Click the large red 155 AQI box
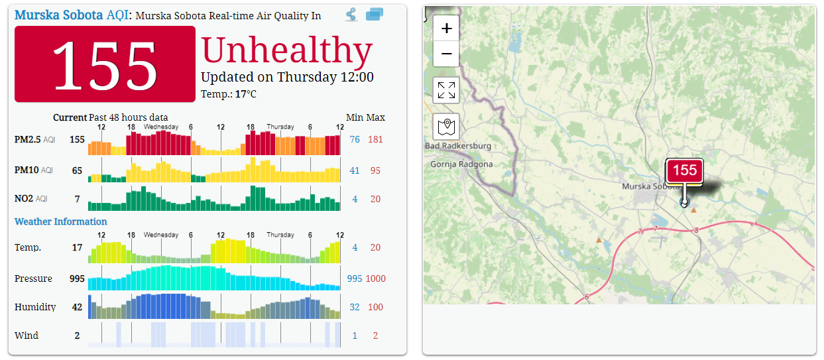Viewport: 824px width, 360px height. [105, 64]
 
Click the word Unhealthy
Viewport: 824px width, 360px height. [286, 50]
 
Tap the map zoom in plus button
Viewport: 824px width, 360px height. [446, 29]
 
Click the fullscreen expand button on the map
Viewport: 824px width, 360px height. [446, 90]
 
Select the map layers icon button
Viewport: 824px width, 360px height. [446, 126]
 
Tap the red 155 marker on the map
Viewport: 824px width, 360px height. [684, 171]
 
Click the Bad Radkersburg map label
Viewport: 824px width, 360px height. [458, 146]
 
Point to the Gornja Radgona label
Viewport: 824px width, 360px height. [461, 164]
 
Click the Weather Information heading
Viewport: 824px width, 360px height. [60, 221]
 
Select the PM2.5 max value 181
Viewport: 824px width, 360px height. [375, 139]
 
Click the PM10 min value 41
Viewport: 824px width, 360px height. [355, 170]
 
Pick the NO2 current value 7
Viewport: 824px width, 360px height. [77, 199]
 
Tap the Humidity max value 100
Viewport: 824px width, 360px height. [375, 307]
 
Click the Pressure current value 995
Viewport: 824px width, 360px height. [77, 278]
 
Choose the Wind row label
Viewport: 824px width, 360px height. [27, 335]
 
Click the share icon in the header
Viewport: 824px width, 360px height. [351, 15]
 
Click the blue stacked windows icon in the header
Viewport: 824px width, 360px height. [375, 15]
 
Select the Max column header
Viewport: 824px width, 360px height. [376, 117]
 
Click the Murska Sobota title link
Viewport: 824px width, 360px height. [58, 15]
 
